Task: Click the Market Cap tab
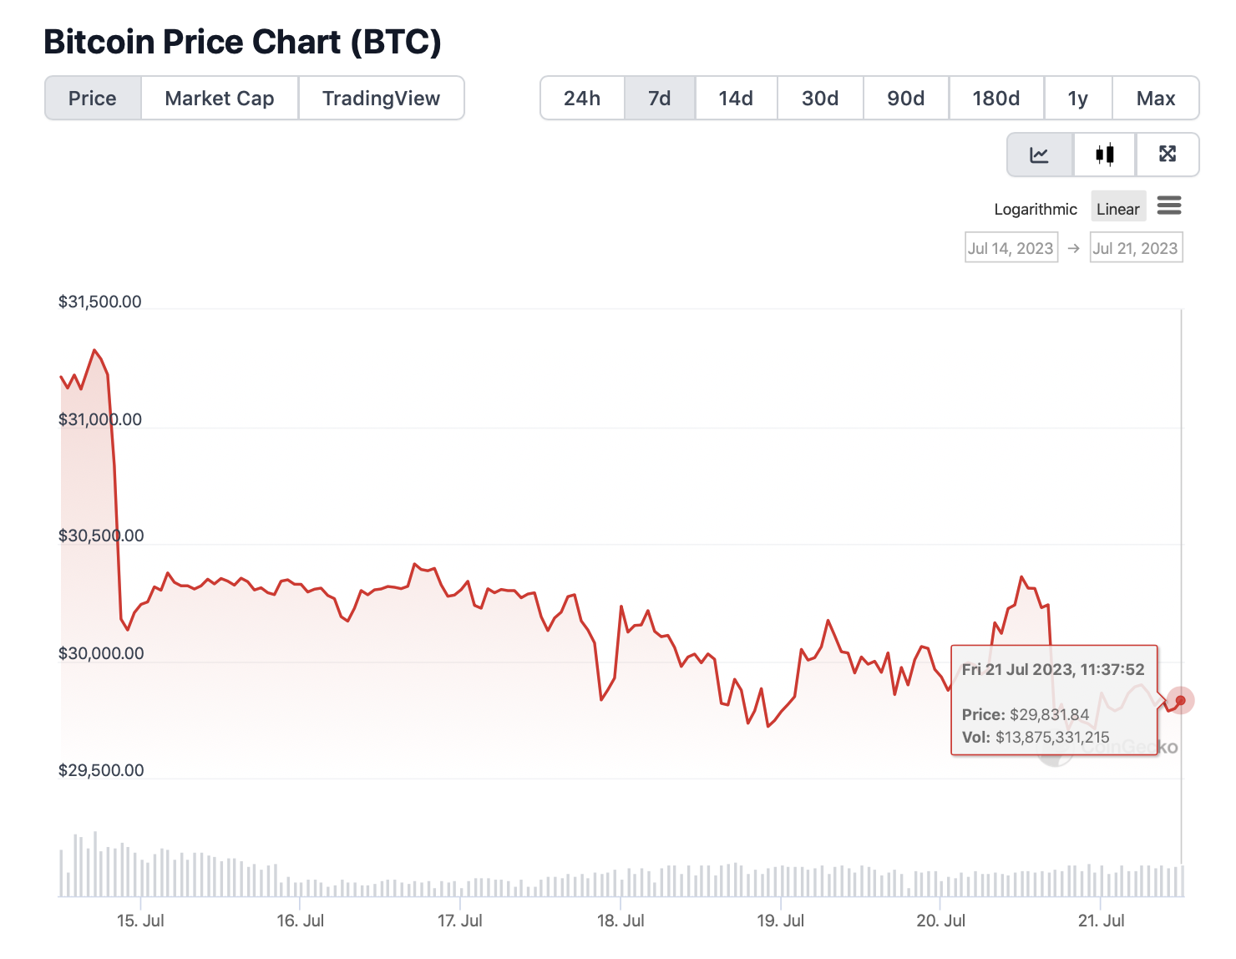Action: point(220,99)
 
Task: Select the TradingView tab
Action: point(381,99)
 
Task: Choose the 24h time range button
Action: point(582,99)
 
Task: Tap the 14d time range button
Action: point(736,99)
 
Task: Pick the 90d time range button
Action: point(905,99)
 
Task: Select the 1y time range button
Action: point(1077,99)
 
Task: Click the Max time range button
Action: point(1155,99)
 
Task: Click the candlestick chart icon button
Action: point(1104,155)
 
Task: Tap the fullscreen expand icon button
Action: point(1168,155)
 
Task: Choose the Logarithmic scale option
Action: point(1036,209)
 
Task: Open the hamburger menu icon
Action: point(1169,205)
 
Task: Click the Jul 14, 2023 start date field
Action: point(1011,248)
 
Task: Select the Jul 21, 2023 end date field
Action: point(1136,248)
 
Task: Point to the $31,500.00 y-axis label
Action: point(100,302)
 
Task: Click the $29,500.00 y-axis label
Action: point(101,770)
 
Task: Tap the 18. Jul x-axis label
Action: point(621,921)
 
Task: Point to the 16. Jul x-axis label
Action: point(301,921)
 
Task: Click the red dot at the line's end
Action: point(1180,700)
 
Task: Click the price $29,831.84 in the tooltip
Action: point(1049,714)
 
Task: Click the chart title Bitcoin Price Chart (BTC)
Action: point(242,42)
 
